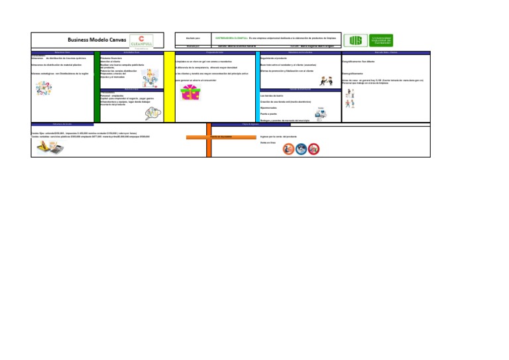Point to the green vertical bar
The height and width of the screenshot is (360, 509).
coord(97,86)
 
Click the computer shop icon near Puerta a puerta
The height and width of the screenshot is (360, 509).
coord(321,114)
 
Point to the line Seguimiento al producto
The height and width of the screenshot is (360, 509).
coord(273,58)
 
